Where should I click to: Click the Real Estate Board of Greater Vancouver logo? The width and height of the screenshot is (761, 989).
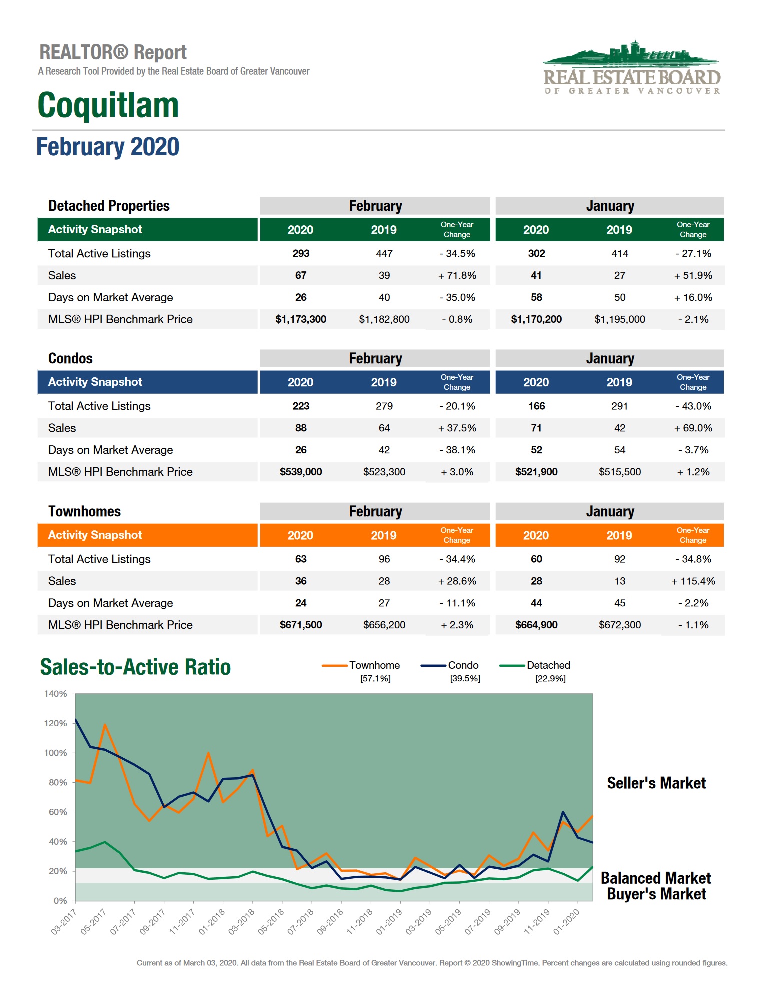(x=632, y=68)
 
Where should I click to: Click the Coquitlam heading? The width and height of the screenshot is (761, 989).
(x=108, y=105)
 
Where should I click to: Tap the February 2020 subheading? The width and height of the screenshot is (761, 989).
(x=108, y=147)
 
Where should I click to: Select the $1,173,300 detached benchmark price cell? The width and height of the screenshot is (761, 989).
(x=300, y=319)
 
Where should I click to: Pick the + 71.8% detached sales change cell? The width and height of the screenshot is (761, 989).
(x=457, y=275)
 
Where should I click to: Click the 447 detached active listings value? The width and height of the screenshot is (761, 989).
(x=384, y=253)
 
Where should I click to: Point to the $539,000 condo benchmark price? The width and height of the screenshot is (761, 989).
(x=300, y=472)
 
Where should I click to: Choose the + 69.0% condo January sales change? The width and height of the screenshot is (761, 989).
(x=693, y=428)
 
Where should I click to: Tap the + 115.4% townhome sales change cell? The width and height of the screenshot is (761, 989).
(x=693, y=581)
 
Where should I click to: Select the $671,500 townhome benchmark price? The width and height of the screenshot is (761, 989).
(x=300, y=625)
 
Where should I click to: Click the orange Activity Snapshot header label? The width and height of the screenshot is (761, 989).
(x=95, y=535)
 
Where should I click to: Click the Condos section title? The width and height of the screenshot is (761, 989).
(x=70, y=358)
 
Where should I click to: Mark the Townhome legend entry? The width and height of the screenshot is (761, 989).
(x=374, y=665)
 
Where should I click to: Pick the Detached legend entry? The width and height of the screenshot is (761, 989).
(x=548, y=665)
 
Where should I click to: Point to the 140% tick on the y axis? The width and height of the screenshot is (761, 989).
(x=55, y=694)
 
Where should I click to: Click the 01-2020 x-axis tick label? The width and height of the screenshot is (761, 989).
(x=567, y=922)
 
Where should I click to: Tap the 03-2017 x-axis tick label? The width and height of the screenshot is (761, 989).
(x=64, y=922)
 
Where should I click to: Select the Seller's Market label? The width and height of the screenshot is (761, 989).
(x=656, y=783)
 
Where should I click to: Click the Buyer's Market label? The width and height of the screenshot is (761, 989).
(x=656, y=894)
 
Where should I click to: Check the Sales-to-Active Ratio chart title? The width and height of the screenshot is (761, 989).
(x=135, y=667)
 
